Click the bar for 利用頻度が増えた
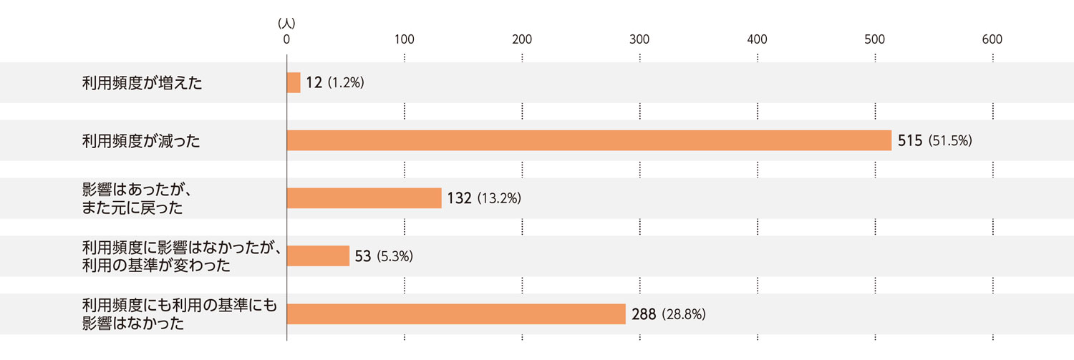pyautogui.click(x=294, y=83)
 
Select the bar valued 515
pyautogui.click(x=589, y=140)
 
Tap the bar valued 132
pyautogui.click(x=364, y=198)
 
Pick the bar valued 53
pyautogui.click(x=318, y=256)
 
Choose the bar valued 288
pyautogui.click(x=456, y=314)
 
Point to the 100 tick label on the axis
pyautogui.click(x=405, y=40)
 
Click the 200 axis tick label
pyautogui.click(x=522, y=40)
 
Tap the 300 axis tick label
pyautogui.click(x=639, y=40)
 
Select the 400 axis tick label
pyautogui.click(x=757, y=40)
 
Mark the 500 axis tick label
pyautogui.click(x=874, y=40)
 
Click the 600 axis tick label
pyautogui.click(x=992, y=40)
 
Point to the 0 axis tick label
pyautogui.click(x=286, y=40)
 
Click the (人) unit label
pyautogui.click(x=286, y=24)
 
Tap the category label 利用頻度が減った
pyautogui.click(x=141, y=141)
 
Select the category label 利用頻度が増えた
pyautogui.click(x=142, y=83)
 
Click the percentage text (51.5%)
pyautogui.click(x=949, y=141)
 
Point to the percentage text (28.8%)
pyautogui.click(x=684, y=314)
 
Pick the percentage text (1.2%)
pyautogui.click(x=346, y=83)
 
